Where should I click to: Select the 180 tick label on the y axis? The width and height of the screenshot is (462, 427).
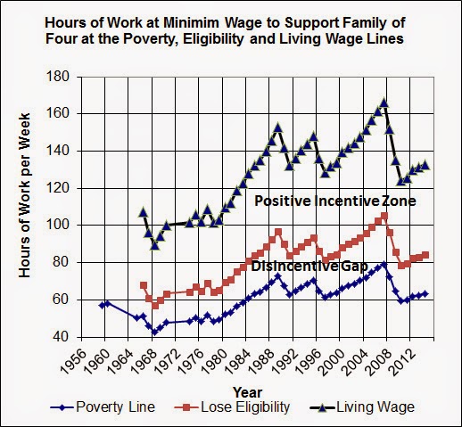[59, 77]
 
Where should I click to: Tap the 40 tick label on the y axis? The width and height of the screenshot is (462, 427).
[62, 337]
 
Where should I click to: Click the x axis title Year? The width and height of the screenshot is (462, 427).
[247, 392]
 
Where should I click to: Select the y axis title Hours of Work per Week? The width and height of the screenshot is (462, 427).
[25, 195]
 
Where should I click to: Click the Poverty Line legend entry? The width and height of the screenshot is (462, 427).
[103, 407]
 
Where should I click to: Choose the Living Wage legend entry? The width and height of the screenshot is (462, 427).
[362, 407]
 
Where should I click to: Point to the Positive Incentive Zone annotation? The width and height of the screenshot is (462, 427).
[335, 201]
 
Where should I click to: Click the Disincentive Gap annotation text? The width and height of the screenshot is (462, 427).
[309, 267]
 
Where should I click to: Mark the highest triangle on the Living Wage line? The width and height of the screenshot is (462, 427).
[384, 103]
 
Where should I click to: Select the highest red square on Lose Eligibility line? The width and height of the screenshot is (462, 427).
[384, 216]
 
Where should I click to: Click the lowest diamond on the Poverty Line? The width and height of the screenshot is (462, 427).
[154, 332]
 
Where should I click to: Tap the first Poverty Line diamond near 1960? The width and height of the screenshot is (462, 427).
[102, 305]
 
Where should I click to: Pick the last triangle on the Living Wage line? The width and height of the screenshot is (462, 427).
[425, 165]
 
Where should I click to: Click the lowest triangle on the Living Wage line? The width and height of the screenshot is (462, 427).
[154, 245]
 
